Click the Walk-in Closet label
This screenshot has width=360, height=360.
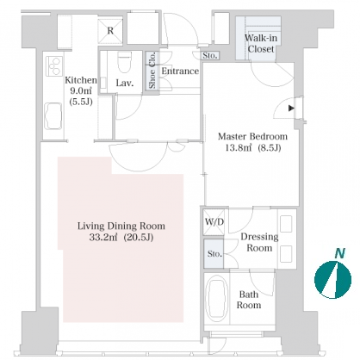[x=261, y=43]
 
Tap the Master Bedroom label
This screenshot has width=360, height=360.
[x=252, y=136]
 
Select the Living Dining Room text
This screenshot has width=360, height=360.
[x=121, y=226]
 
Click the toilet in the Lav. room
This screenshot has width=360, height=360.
[x=125, y=62]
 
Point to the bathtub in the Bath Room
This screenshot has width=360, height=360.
[x=217, y=298]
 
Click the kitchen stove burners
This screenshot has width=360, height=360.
[x=54, y=66]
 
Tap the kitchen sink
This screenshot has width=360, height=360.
[x=53, y=116]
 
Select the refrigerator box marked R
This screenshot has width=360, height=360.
[x=110, y=31]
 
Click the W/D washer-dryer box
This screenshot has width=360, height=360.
[x=214, y=222]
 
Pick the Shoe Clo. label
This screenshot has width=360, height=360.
[x=152, y=71]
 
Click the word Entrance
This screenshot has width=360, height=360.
[x=180, y=71]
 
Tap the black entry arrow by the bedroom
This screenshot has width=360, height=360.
[x=292, y=109]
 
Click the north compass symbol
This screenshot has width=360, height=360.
[x=332, y=280]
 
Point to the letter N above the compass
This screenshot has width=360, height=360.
[x=340, y=253]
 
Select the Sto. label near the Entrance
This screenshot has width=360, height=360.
[x=210, y=55]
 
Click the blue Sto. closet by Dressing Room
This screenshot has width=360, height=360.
[x=214, y=254]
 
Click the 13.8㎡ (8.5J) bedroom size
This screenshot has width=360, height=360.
[x=253, y=148]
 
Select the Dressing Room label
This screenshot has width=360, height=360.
[x=259, y=242]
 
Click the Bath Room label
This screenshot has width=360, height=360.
[x=249, y=300]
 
